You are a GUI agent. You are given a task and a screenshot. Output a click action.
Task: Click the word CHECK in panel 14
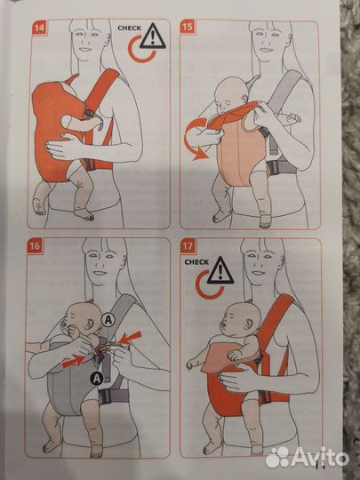(x=129, y=28)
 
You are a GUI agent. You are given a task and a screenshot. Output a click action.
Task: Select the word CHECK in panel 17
(x=197, y=263)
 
